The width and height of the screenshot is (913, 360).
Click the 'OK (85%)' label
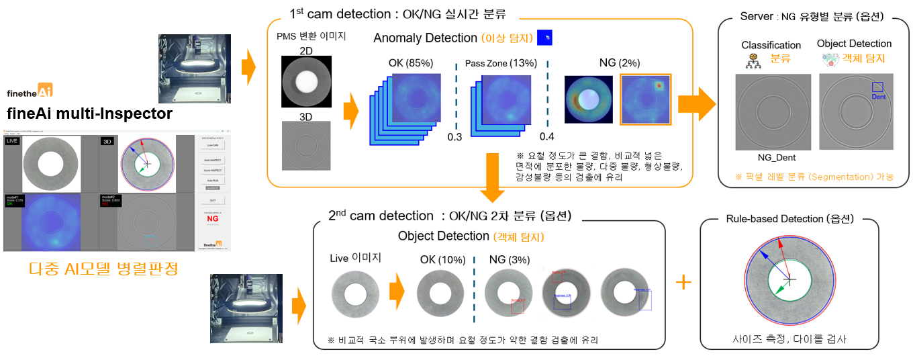pyautogui.click(x=411, y=63)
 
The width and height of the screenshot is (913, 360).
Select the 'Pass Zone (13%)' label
pyautogui.click(x=501, y=63)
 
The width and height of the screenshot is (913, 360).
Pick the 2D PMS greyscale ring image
pyautogui.click(x=306, y=81)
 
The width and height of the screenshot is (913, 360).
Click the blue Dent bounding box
pyautogui.click(x=878, y=87)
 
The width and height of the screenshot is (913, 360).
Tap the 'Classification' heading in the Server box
pyautogui.click(x=771, y=45)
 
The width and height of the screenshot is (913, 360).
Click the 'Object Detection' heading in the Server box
pyautogui.click(x=854, y=44)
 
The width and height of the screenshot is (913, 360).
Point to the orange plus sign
pyautogui.click(x=683, y=282)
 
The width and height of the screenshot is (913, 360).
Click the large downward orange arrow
pyautogui.click(x=494, y=177)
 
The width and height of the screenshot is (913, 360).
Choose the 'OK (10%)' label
pyautogui.click(x=440, y=260)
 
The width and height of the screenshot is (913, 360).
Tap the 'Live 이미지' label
pyautogui.click(x=356, y=259)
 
